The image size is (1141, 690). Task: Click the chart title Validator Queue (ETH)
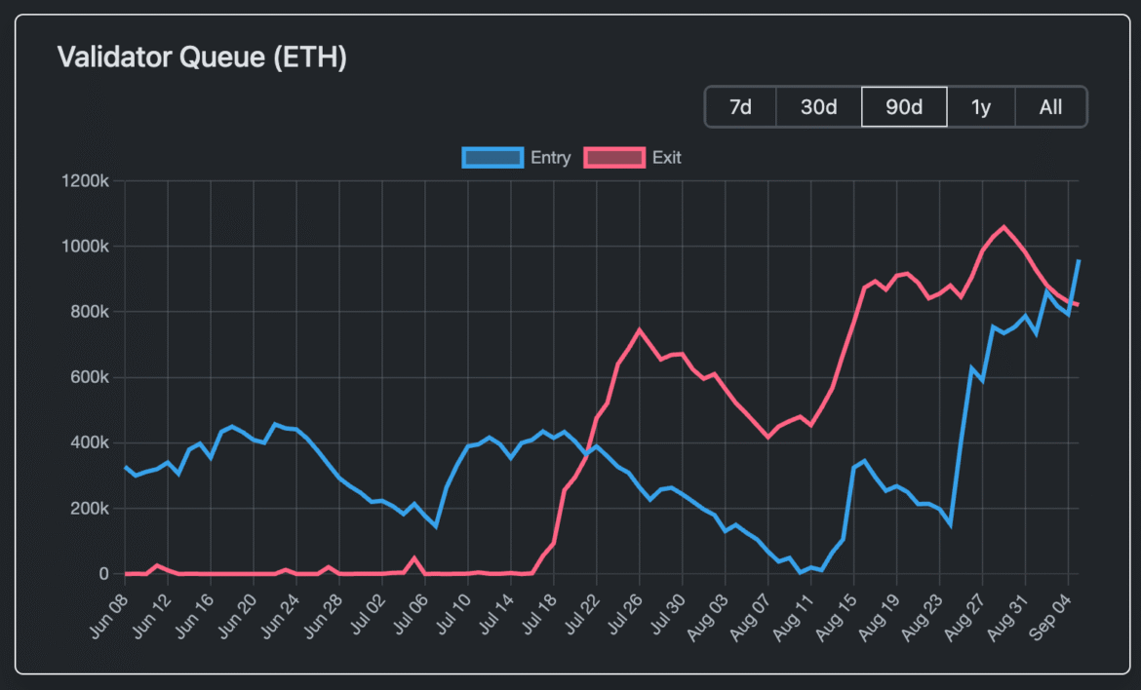point(202,57)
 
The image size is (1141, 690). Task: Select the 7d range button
point(740,107)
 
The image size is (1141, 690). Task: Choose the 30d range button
point(818,107)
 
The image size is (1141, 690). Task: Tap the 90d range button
point(904,107)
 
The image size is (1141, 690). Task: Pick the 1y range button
point(981,107)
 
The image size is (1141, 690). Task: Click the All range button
point(1050,107)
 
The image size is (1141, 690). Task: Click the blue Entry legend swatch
point(492,157)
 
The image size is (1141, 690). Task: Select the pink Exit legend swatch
point(614,157)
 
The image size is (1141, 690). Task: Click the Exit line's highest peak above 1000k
point(1003,227)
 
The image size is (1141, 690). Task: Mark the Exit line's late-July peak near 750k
point(640,329)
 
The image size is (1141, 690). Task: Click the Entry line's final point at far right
point(1078,260)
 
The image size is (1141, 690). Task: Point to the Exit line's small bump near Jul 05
point(414,558)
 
